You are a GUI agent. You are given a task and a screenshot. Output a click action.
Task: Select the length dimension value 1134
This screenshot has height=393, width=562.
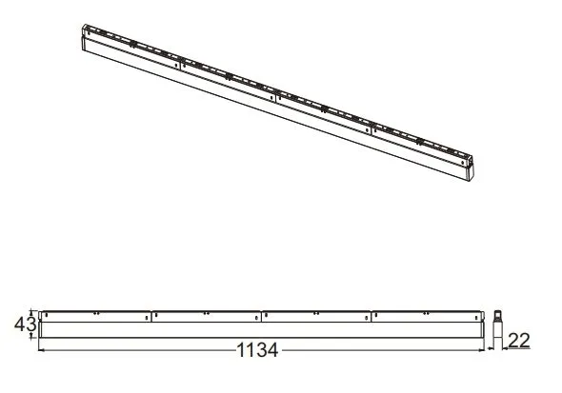pos(256,350)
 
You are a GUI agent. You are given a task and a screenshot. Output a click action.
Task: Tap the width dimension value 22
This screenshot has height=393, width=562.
pos(518,340)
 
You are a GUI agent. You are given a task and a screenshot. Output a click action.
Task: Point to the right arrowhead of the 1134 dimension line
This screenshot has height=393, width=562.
pos(483,350)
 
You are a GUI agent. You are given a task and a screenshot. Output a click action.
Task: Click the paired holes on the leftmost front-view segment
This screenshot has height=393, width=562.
pos(95,312)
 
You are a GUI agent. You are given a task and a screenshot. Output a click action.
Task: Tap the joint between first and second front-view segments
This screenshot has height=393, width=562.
pos(151,314)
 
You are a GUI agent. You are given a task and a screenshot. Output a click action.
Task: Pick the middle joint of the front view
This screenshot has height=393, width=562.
pos(261,314)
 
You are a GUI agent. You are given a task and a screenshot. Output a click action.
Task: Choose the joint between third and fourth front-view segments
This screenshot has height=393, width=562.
pos(372,314)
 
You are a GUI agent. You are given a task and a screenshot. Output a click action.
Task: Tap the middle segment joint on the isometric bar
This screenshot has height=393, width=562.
pos(275,97)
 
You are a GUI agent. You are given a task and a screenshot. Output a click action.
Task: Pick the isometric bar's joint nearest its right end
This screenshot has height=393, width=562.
pos(372,130)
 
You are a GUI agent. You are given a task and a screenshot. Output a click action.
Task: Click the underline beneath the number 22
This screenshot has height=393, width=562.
pos(518,350)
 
